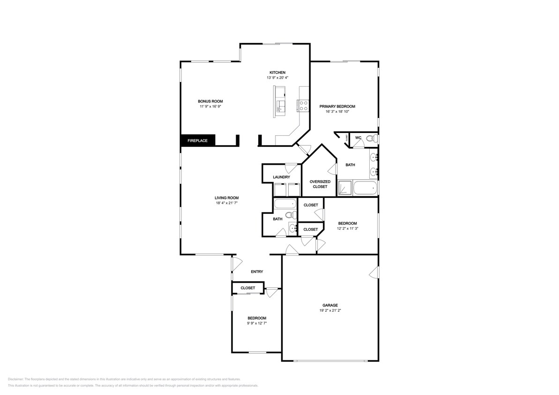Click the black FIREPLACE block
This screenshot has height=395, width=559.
[197, 140]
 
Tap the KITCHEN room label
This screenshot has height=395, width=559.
[276, 73]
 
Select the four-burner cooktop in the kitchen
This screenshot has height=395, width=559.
[303, 106]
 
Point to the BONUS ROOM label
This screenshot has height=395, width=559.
[210, 101]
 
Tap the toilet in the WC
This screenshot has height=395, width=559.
[371, 139]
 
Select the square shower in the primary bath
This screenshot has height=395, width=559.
[344, 188]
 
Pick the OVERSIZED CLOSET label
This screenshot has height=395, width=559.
[320, 184]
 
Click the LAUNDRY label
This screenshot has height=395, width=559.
[281, 177]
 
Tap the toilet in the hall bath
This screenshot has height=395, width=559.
[291, 215]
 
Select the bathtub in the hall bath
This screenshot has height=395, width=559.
[285, 204]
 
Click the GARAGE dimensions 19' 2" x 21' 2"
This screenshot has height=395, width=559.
[330, 310]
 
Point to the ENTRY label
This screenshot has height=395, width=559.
[257, 272]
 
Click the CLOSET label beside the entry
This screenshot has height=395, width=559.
[247, 288]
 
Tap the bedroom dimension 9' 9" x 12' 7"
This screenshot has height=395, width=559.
[257, 323]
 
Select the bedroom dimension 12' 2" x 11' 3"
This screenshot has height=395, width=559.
[347, 229]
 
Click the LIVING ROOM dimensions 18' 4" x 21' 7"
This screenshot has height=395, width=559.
[227, 203]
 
